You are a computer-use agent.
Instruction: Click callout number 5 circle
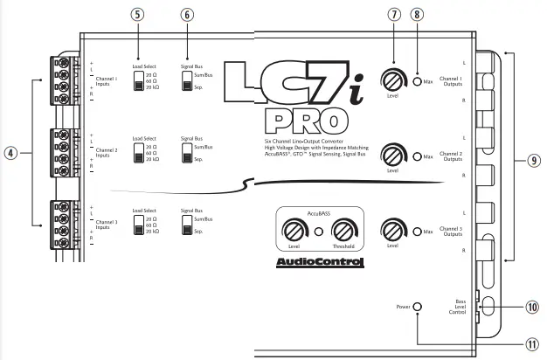(137, 15)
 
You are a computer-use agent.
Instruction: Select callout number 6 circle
(187, 15)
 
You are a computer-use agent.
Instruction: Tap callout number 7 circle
(394, 15)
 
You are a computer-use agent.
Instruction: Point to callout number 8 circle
(417, 15)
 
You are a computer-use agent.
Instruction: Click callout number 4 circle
(10, 153)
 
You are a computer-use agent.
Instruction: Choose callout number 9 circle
(534, 161)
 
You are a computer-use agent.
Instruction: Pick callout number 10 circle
(532, 307)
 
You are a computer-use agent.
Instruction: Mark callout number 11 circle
(532, 344)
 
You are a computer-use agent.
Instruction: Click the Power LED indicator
(417, 307)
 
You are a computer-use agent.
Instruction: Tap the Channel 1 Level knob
(393, 80)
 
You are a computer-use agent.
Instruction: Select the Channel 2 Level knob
(393, 156)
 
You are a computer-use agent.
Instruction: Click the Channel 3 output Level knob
(393, 231)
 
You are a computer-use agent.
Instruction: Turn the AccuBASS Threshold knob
(344, 231)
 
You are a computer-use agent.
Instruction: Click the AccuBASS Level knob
(294, 231)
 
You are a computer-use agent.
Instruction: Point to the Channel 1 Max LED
(417, 81)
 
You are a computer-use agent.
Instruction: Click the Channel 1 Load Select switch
(139, 81)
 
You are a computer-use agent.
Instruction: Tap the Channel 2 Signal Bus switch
(187, 153)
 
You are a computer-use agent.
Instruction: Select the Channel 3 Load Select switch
(139, 225)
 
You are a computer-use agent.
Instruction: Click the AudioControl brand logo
(320, 262)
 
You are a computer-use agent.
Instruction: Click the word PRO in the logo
(307, 121)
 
